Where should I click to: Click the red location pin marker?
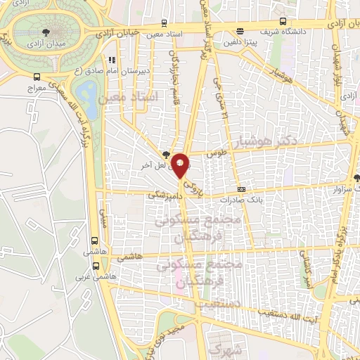181,165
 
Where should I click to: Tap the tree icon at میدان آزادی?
46,32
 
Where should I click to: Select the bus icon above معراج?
37,77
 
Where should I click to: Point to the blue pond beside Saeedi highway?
87,91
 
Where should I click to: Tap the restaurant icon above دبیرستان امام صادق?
110,60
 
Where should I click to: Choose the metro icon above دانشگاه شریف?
240,30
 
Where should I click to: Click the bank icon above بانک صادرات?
241,189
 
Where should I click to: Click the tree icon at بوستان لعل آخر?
166,153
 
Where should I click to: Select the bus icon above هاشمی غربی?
95,266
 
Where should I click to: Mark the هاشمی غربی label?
95,276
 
